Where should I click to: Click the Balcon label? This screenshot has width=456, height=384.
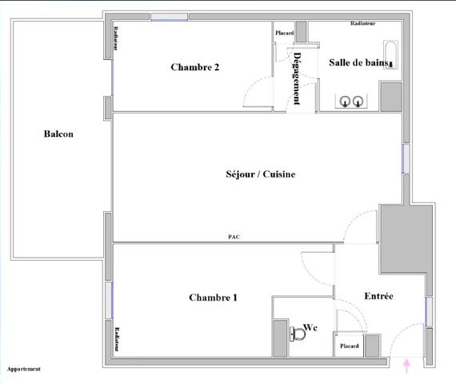tap(58, 134)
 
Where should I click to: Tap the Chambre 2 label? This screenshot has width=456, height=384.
tap(195, 68)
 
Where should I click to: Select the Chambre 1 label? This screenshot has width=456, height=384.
tap(213, 298)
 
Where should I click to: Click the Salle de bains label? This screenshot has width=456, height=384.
tap(358, 62)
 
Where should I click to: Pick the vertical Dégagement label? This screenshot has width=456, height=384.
tap(298, 78)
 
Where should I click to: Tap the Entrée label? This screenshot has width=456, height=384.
tap(378, 296)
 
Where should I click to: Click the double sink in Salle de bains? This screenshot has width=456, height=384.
tap(351, 101)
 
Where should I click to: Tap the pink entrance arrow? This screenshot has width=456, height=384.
tap(408, 366)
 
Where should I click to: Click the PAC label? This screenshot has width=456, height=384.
tap(234, 237)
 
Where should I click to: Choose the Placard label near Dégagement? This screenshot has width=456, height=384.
tap(285, 33)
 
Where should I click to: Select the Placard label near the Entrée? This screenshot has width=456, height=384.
tap(349, 346)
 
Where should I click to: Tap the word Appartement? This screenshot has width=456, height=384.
tap(24, 370)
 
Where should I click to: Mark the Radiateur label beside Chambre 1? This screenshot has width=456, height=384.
tap(116, 340)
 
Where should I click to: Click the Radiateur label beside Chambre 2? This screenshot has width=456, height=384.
tap(116, 38)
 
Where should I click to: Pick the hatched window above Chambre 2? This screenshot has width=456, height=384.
tap(170, 17)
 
